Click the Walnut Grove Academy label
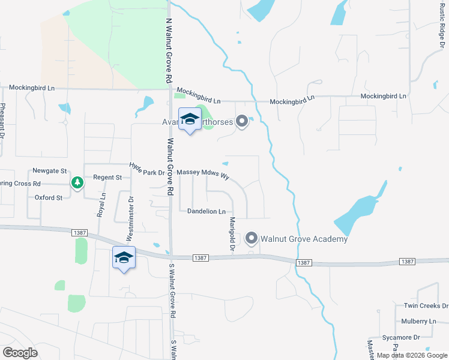(304, 239)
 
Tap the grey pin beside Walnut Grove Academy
(252, 239)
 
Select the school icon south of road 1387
(124, 258)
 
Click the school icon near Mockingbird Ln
(190, 119)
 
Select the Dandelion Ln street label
(206, 211)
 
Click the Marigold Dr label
(231, 233)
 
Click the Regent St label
(107, 178)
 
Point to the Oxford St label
(49, 197)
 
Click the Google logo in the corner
(20, 352)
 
